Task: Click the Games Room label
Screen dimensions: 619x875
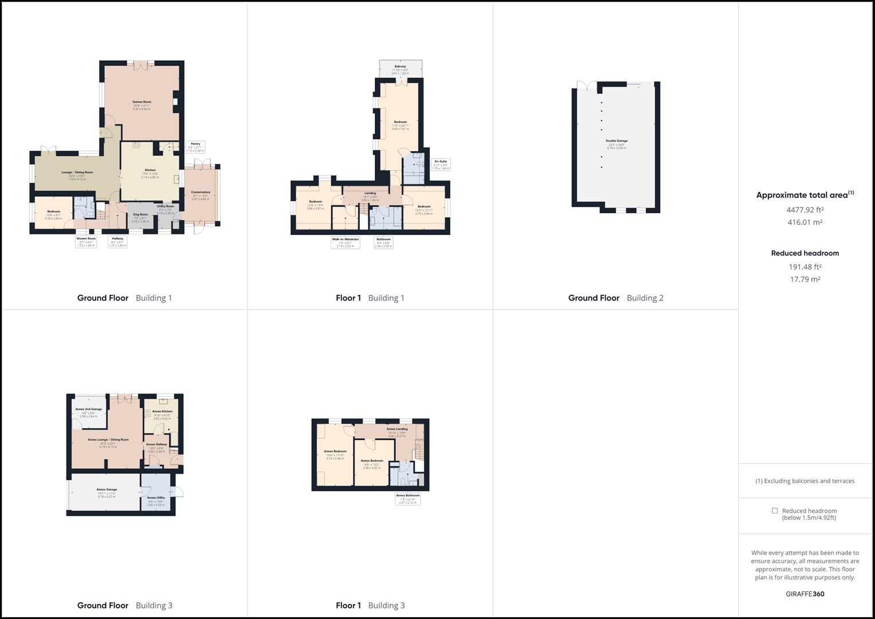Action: tap(142, 102)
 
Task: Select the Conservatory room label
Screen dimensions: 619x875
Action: tap(201, 193)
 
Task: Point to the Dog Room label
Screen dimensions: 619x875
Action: tap(140, 214)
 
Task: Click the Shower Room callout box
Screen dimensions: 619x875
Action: tap(87, 241)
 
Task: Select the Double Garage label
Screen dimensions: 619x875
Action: tap(617, 141)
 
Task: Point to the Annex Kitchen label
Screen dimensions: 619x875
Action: tap(162, 412)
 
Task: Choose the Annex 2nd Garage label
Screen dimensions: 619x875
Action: tap(88, 409)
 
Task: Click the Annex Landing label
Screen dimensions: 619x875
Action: tap(397, 429)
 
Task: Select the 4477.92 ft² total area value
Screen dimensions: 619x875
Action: tap(805, 210)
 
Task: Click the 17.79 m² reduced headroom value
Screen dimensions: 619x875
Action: tap(805, 280)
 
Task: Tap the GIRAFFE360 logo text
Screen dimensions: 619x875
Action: tap(805, 594)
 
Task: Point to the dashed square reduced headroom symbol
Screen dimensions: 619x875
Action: tap(775, 511)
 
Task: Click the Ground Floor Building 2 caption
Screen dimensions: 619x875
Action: tap(615, 298)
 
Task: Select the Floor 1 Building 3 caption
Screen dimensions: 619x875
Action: tap(370, 605)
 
